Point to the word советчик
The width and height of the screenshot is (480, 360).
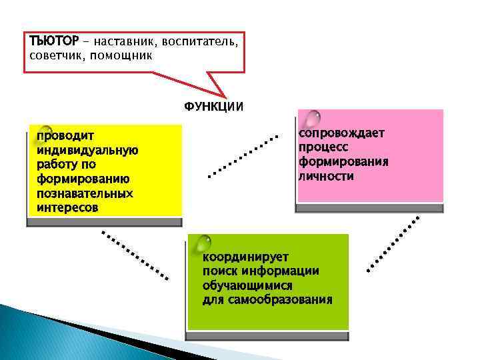57,55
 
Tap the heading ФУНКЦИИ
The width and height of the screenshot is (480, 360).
213,107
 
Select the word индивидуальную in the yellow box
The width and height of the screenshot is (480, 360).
87,150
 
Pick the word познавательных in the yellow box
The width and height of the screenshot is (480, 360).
85,193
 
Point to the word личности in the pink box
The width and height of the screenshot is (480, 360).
326,176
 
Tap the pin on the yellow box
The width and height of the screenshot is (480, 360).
45,130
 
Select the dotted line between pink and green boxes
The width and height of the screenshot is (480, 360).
394,244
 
